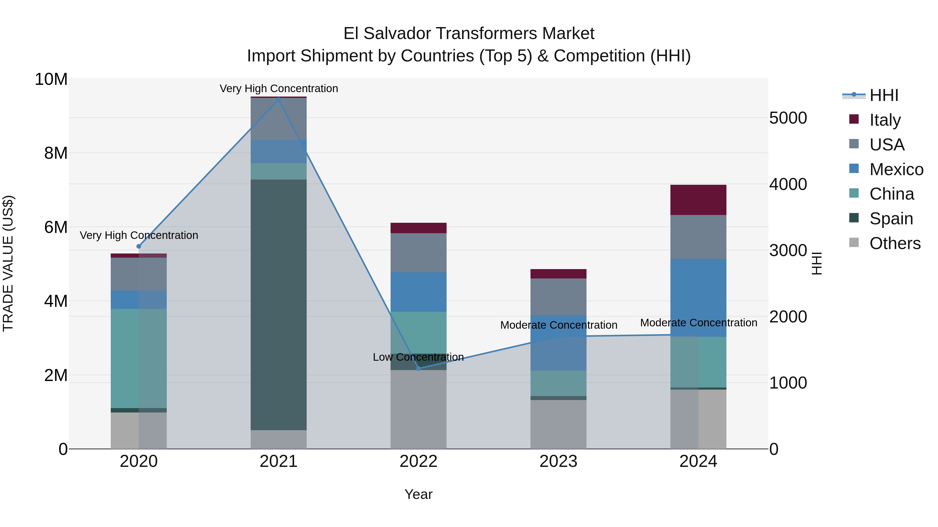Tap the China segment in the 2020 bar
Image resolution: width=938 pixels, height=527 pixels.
pos(138,358)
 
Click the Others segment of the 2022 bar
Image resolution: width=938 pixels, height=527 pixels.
pos(418,409)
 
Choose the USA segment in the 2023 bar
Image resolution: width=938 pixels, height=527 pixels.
pos(558,296)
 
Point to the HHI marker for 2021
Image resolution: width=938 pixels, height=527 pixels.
pos(279,99)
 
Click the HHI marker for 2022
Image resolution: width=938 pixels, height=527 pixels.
pos(418,369)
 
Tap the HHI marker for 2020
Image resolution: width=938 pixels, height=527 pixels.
pos(138,246)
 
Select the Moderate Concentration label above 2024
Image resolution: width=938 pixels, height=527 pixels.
pos(698,323)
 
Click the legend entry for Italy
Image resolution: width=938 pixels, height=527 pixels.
pos(885,120)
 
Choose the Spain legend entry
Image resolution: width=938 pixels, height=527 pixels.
pos(891,219)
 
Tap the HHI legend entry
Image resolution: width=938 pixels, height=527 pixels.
pos(884,95)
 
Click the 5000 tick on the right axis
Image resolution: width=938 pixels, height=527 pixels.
pos(788,118)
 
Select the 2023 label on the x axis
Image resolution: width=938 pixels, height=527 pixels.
pos(558,461)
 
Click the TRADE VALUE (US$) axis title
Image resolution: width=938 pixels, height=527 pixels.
pos(8,263)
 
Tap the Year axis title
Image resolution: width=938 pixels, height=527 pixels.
pos(418,494)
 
